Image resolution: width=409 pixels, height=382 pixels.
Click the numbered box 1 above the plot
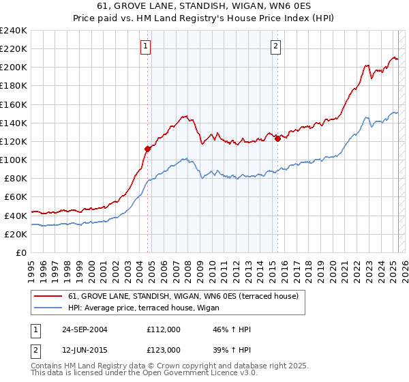(147, 47)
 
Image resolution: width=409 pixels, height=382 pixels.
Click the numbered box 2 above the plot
(275, 47)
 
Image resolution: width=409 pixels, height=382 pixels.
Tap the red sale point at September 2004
(147, 148)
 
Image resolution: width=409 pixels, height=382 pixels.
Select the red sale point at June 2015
(277, 138)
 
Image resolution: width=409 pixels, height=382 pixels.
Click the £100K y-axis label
(14, 160)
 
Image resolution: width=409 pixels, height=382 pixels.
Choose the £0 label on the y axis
(21, 252)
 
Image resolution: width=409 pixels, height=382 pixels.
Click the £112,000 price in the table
(163, 329)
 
